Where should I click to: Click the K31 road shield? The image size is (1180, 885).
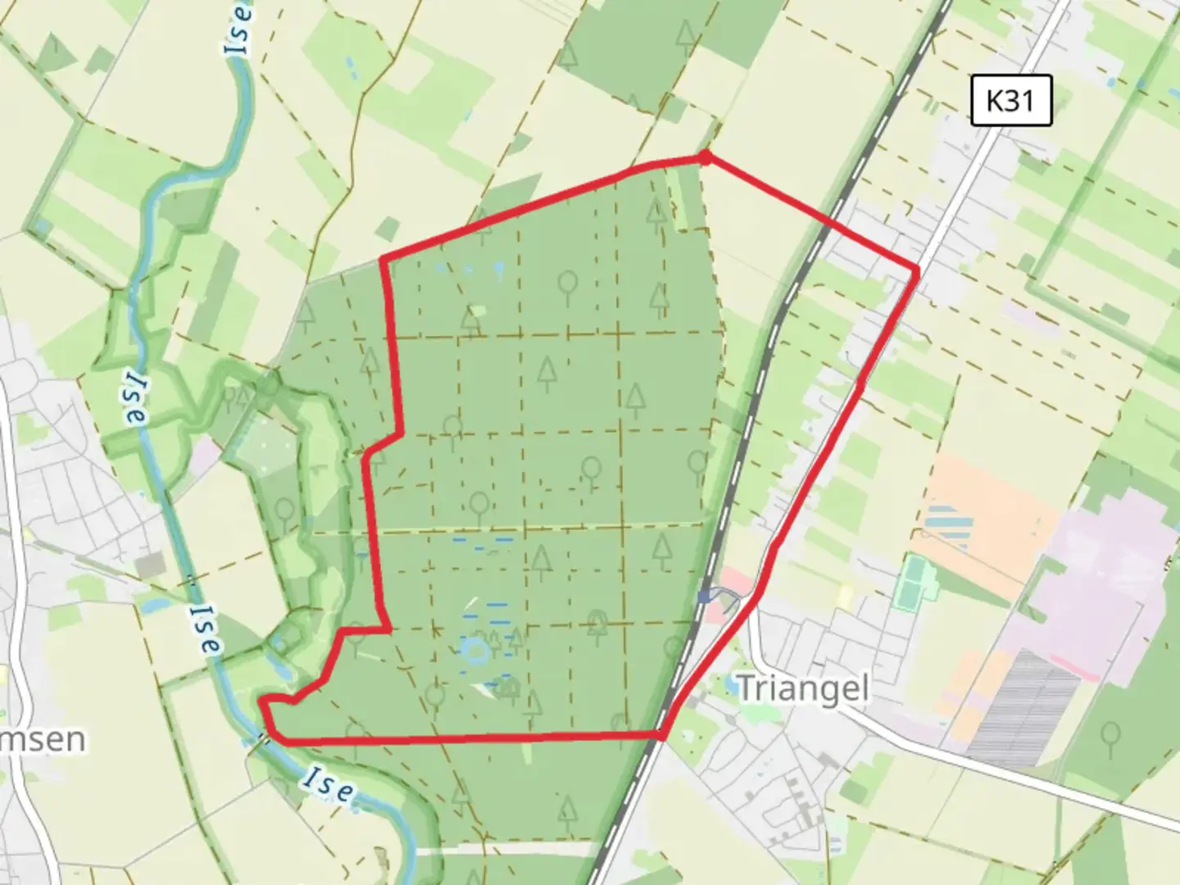[x=1010, y=101]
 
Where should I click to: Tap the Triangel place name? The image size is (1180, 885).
[x=802, y=688]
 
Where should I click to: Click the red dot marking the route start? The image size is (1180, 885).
[x=704, y=157]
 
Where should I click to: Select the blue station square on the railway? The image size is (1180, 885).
[x=704, y=597]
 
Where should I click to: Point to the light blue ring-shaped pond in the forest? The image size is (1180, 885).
[x=475, y=651]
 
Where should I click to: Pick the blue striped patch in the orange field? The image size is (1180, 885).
[x=949, y=526]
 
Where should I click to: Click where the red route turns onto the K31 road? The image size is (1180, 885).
[x=915, y=269]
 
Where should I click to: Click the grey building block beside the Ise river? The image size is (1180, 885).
[x=150, y=564]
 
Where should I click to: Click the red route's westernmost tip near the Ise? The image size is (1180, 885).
[x=264, y=701]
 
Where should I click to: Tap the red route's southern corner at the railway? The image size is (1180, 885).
[x=660, y=735]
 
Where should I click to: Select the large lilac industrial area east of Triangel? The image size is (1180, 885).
[x=1098, y=574]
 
